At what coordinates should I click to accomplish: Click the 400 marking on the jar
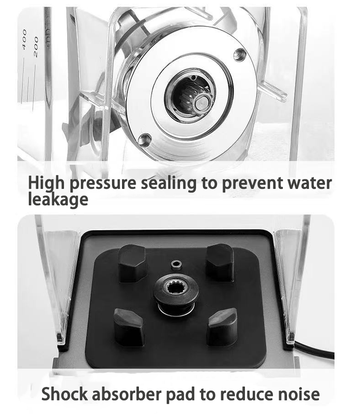coord(24,39)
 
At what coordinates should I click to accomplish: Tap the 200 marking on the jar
coord(36,47)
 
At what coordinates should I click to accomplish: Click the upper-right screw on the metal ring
coord(239,55)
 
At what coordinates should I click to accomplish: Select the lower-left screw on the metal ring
coord(145,140)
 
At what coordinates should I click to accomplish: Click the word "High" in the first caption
coord(46,183)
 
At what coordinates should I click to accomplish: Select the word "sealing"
coord(169,183)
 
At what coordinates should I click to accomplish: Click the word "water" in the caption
coord(309,183)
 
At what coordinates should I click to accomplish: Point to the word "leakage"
coord(58,199)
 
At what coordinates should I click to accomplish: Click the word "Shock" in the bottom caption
coord(64,394)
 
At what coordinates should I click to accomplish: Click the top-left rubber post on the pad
coord(133,263)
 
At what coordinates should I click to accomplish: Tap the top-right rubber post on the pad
coord(220,262)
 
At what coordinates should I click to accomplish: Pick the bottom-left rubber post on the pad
coord(129,327)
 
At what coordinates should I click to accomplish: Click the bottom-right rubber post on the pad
coord(222,327)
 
